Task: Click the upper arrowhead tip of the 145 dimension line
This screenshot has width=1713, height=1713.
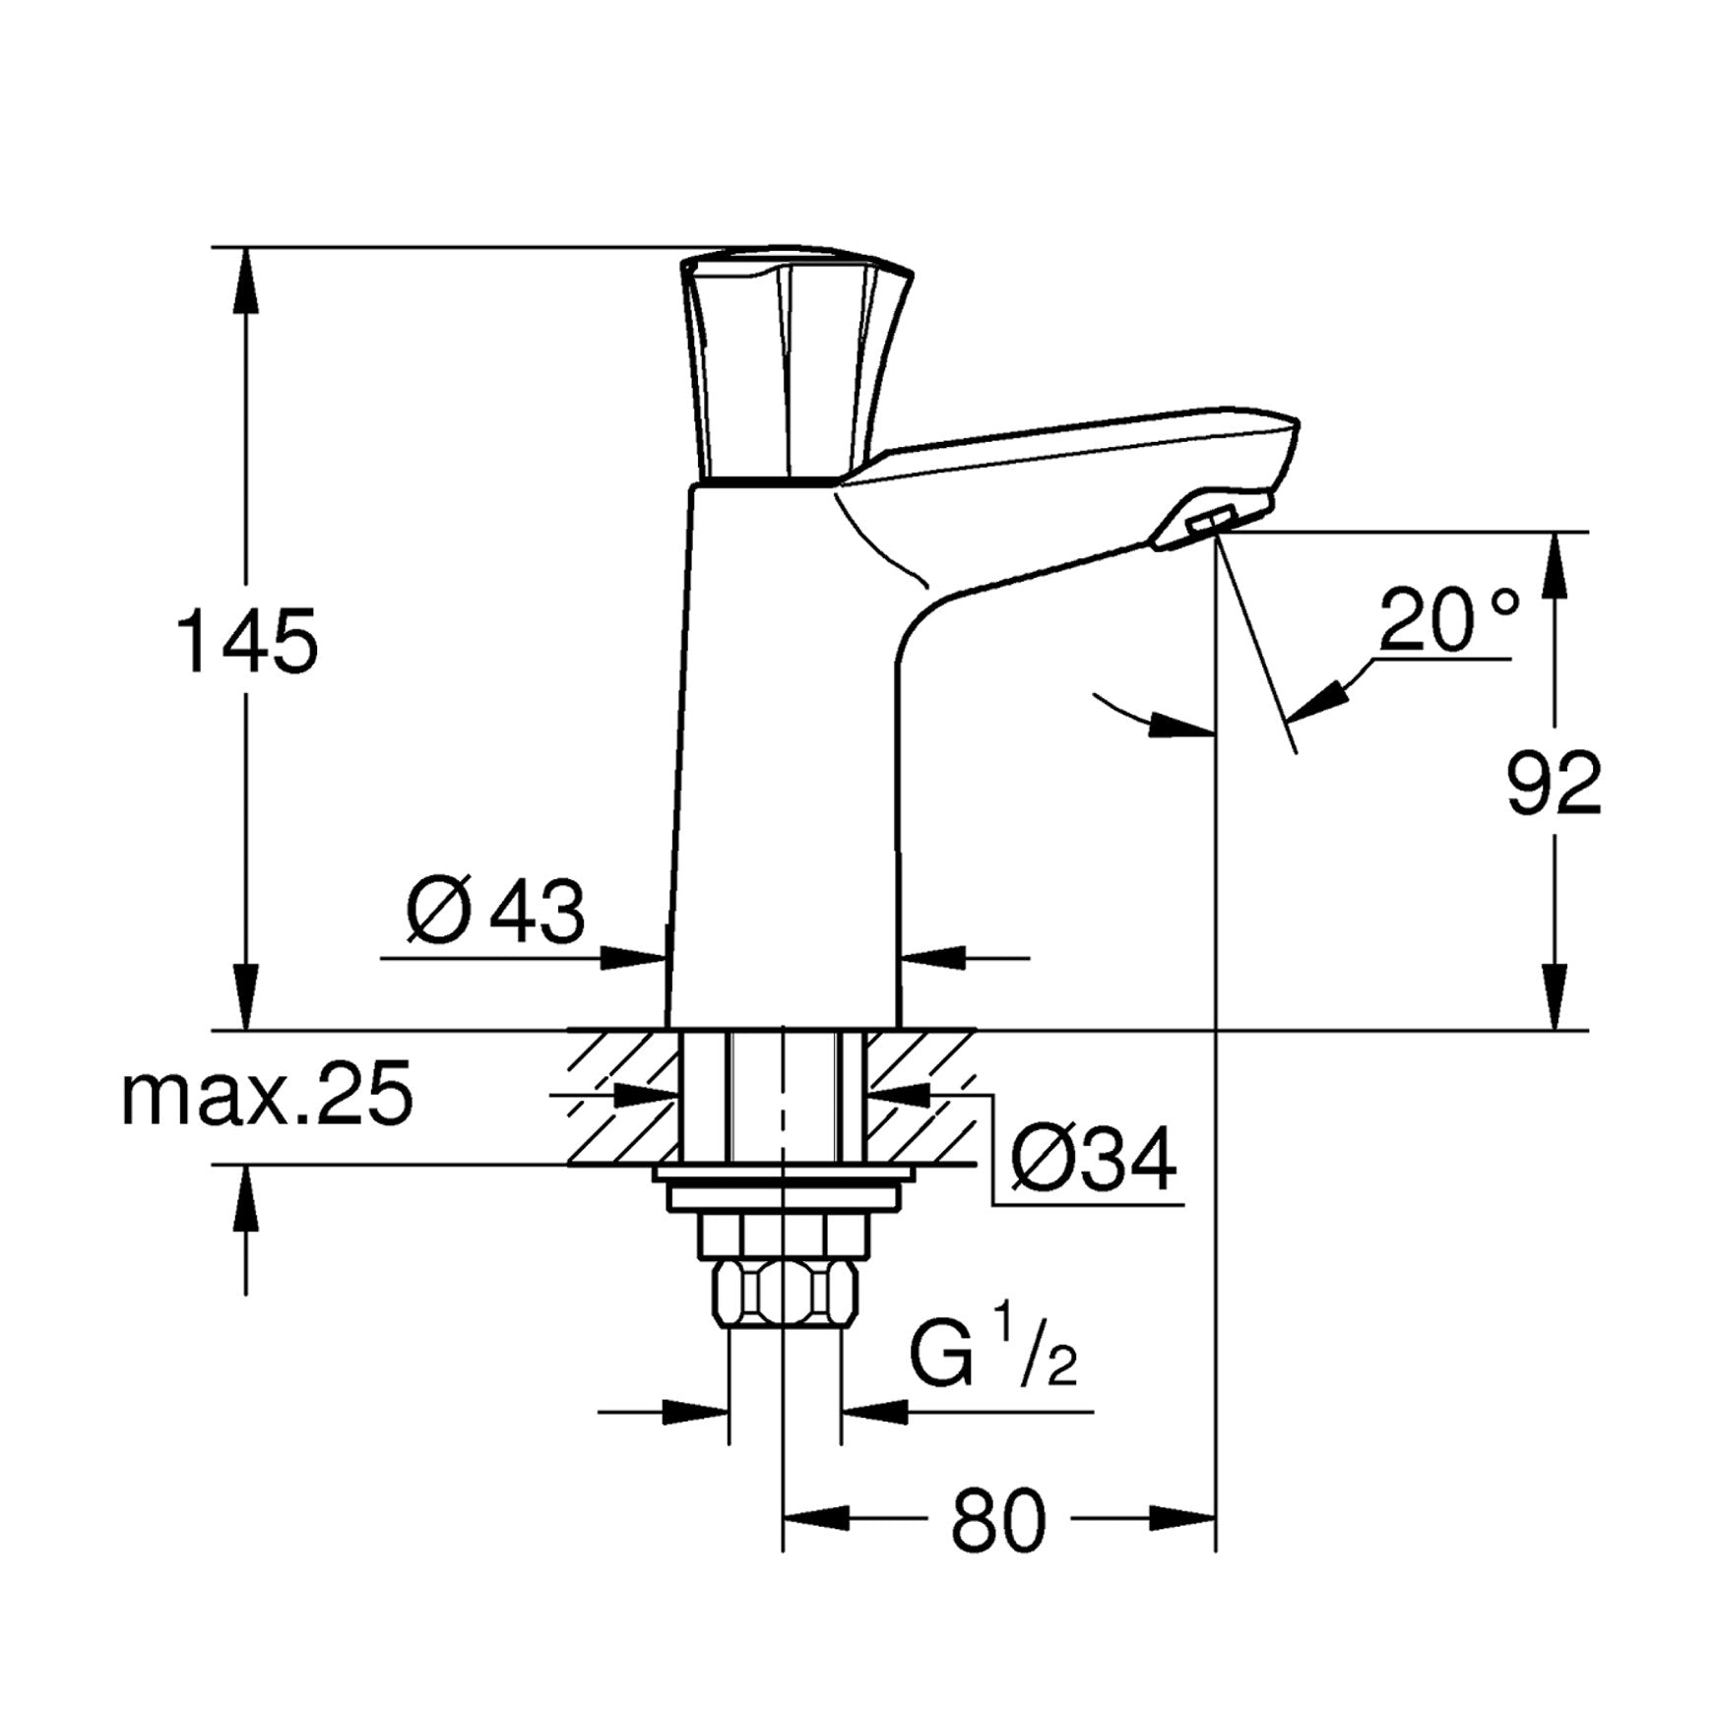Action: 246,247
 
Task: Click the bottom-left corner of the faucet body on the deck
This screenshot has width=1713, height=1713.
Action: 666,1030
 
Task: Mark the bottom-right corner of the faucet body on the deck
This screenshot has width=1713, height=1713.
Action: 899,1030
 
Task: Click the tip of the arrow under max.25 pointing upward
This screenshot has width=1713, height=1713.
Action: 246,1166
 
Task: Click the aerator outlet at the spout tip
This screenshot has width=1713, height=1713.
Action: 1212,523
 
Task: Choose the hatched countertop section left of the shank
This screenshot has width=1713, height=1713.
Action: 625,1098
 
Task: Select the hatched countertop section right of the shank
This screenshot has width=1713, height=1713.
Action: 920,1098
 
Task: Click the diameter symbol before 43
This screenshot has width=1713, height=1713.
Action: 435,911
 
